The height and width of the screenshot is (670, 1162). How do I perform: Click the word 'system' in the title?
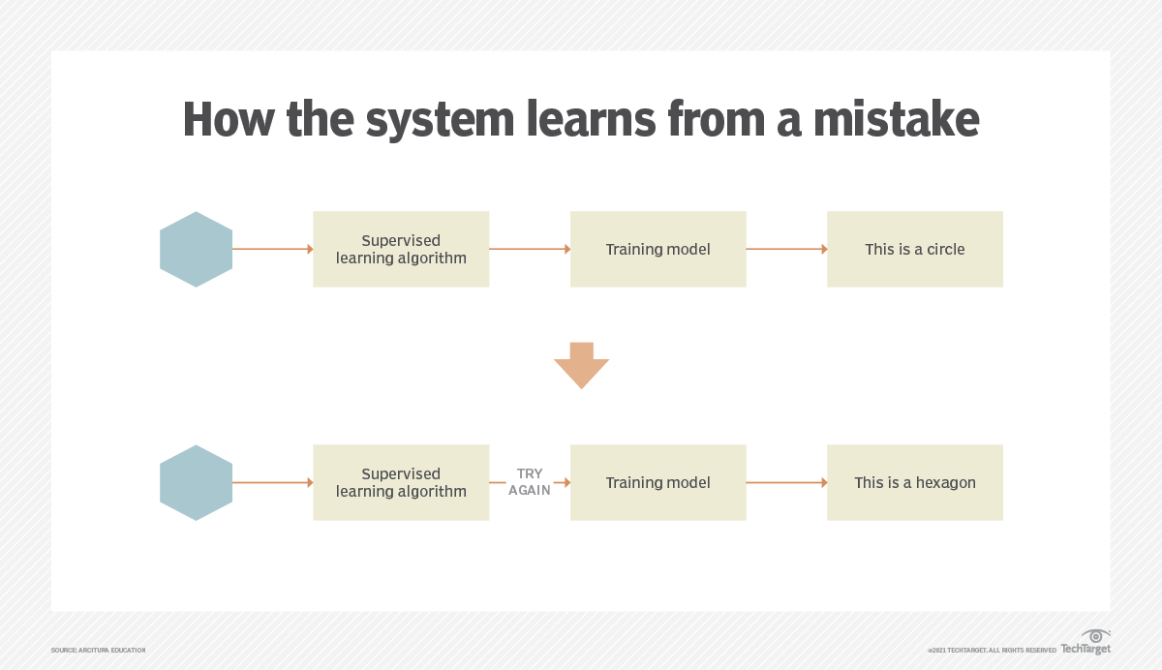point(440,120)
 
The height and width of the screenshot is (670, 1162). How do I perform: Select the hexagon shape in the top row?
point(196,249)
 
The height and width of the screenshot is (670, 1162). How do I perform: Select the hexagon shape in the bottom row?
point(196,482)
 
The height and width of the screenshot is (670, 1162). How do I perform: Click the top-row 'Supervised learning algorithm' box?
point(401,249)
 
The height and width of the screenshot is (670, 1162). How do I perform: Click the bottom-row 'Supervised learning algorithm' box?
point(401,482)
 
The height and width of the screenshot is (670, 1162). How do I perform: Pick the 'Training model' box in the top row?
point(657,249)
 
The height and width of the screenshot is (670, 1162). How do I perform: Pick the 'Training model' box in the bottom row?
point(657,482)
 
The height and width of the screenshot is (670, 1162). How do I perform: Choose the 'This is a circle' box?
point(914,249)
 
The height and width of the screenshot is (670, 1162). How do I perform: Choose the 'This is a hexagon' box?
point(914,482)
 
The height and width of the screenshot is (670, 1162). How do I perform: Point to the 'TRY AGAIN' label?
point(530,482)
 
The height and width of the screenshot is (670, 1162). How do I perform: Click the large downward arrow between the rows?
point(581,365)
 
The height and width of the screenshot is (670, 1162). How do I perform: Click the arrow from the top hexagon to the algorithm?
point(272,249)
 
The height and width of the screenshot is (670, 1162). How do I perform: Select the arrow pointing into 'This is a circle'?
point(786,249)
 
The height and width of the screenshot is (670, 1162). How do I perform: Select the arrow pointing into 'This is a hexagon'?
point(786,482)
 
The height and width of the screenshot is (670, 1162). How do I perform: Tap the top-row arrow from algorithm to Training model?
point(530,249)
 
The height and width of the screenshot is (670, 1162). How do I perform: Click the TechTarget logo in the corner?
point(1086,644)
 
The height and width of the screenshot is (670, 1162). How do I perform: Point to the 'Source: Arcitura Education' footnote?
point(98,650)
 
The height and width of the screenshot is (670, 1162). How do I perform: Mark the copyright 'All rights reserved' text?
point(992,650)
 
